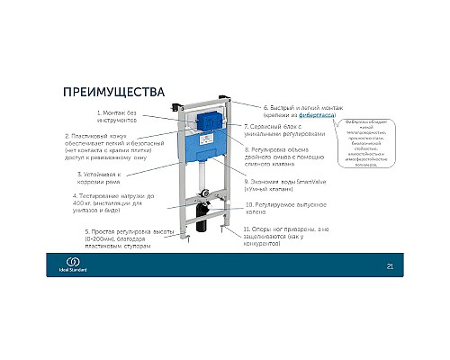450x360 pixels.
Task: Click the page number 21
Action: (x=390, y=265)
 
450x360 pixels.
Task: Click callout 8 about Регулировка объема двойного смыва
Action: (x=293, y=158)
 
